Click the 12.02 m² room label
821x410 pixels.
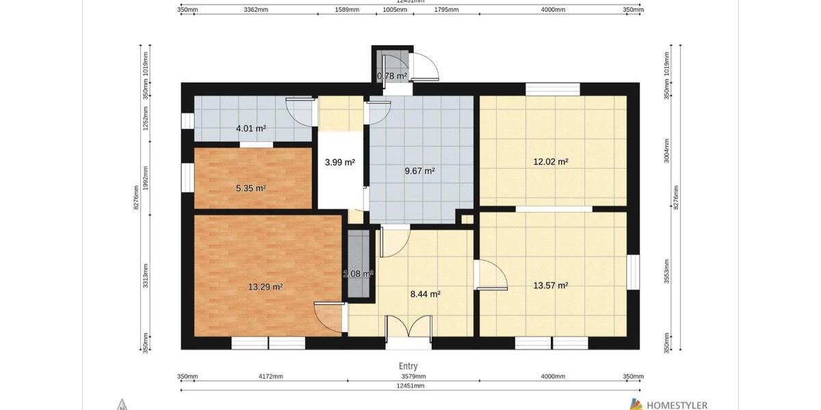[551, 162]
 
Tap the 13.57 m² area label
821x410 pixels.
[551, 286]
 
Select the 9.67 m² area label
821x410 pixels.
[419, 171]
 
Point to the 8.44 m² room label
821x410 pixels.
[425, 294]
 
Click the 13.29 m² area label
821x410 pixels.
[265, 287]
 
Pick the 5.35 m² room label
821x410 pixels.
[250, 188]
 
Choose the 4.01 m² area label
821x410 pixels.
[250, 128]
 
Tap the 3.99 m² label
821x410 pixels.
[339, 163]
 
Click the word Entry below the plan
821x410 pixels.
[408, 366]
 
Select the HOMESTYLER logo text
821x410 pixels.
[677, 405]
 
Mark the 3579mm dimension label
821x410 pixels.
[413, 377]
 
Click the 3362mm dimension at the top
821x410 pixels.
[255, 10]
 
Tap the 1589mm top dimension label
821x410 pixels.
[348, 10]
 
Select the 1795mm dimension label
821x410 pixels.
[446, 10]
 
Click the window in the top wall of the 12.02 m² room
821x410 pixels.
[552, 89]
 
